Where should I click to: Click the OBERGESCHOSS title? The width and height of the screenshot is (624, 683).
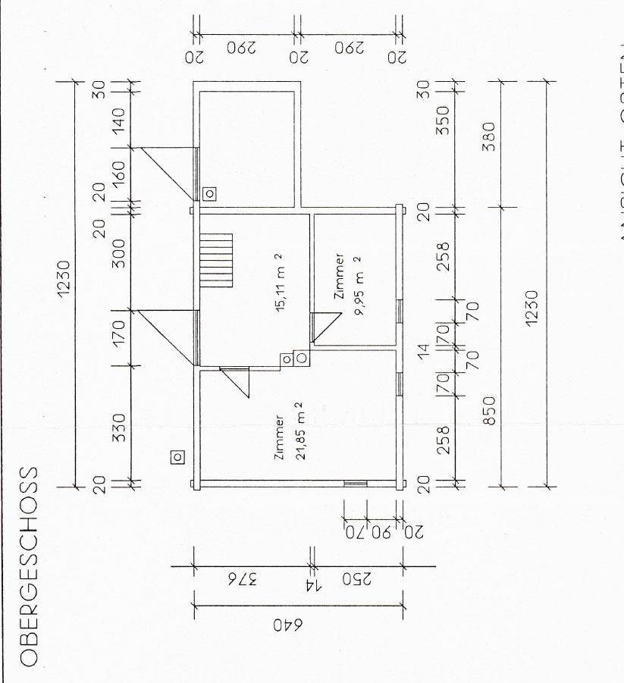click(28, 566)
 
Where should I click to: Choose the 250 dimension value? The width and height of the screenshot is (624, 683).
click(356, 580)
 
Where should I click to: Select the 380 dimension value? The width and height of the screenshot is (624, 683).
click(489, 136)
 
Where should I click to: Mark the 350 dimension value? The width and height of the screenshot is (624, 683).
click(444, 120)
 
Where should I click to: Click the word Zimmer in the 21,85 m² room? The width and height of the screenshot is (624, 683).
click(279, 438)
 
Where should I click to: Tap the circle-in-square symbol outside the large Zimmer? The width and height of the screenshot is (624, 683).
click(177, 456)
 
